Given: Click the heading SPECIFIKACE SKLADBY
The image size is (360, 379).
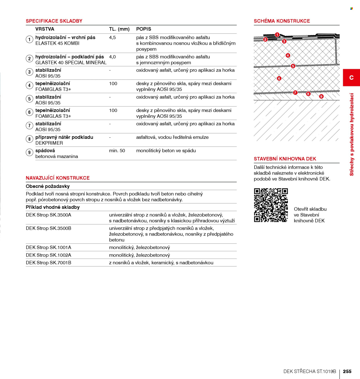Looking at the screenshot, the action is (54, 21).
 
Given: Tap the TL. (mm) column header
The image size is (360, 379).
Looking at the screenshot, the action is (119, 29).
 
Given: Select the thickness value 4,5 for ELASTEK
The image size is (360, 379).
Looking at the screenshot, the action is (112, 37).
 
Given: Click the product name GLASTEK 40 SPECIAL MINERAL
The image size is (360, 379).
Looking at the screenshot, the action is (71, 63).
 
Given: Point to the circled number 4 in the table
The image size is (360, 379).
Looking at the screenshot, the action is (29, 86).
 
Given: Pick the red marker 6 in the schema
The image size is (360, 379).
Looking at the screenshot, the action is (279, 78).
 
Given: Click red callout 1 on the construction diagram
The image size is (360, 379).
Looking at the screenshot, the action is (277, 35).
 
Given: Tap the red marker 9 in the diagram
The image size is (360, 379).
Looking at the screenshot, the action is (321, 96).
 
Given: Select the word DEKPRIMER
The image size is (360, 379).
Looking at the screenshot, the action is (49, 143).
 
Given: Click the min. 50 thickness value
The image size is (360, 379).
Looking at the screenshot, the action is (117, 151).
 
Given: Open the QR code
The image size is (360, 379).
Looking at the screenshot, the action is (271, 205).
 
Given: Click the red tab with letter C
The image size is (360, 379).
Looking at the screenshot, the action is (351, 77).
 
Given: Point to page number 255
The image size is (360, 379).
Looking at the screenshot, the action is (347, 371).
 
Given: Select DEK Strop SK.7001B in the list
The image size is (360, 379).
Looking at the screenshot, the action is (49, 263).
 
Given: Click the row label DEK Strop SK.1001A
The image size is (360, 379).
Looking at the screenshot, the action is (49, 247).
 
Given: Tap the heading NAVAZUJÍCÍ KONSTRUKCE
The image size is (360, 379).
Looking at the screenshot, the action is (58, 178).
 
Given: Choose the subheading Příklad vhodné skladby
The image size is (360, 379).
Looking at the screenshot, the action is (53, 207).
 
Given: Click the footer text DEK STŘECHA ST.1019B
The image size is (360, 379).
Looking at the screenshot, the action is (310, 371).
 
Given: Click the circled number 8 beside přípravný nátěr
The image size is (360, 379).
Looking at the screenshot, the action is (29, 139).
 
